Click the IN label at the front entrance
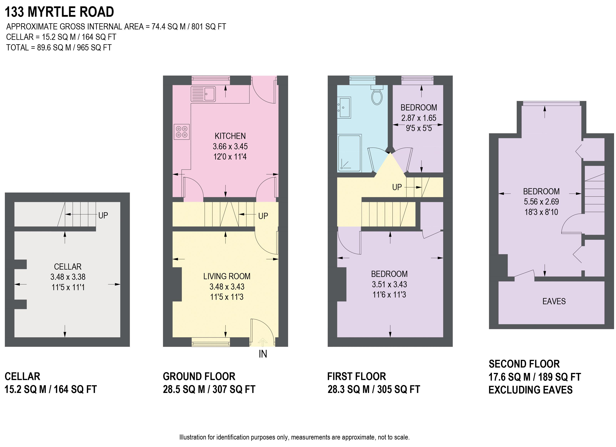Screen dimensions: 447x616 click(x=263, y=354)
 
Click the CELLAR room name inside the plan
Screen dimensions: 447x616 click(x=68, y=267)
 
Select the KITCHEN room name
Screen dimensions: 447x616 click(x=230, y=136)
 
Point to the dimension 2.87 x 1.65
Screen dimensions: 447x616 click(x=419, y=118)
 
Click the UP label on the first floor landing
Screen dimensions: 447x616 click(x=397, y=187)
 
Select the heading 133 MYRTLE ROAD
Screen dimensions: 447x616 click(x=59, y=12)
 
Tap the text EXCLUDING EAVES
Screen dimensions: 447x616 click(x=530, y=390)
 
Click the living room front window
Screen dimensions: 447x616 click(x=211, y=342)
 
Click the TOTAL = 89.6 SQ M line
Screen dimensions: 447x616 click(x=59, y=48)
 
